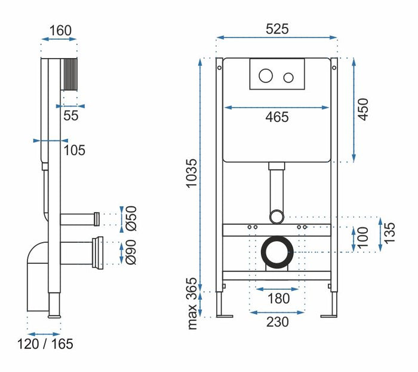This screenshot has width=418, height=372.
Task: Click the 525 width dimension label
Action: pyautogui.click(x=277, y=28)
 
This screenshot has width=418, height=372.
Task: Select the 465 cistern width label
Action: pyautogui.click(x=276, y=117)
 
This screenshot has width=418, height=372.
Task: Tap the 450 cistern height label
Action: pyautogui.click(x=363, y=109)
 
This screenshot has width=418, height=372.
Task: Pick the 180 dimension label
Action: pyautogui.click(x=278, y=298)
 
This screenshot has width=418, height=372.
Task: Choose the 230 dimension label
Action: pyautogui.click(x=277, y=322)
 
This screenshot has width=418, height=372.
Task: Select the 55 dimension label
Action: pyautogui.click(x=71, y=116)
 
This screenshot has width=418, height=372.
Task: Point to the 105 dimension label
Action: pyautogui.click(x=74, y=150)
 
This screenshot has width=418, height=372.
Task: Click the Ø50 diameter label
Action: pyautogui.click(x=131, y=218)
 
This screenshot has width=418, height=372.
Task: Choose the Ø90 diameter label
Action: pyautogui.click(x=131, y=251)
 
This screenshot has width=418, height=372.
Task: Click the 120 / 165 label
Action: pyautogui.click(x=45, y=344)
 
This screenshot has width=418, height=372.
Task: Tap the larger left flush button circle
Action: pyautogui.click(x=266, y=76)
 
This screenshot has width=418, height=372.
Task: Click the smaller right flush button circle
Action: pyautogui.click(x=288, y=77)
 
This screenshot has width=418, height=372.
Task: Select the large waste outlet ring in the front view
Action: pyautogui.click(x=276, y=252)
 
